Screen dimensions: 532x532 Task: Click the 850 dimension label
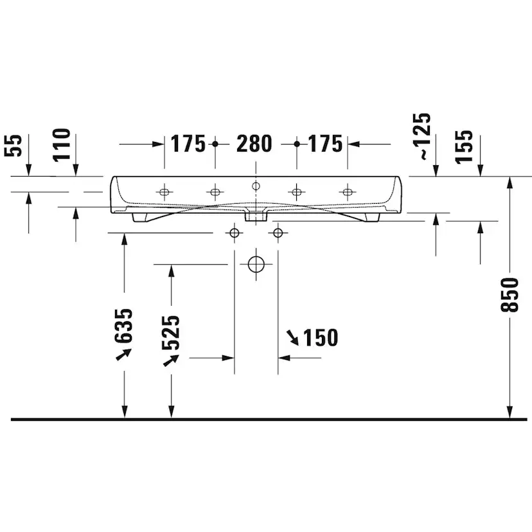510,294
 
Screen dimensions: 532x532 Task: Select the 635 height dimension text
123,326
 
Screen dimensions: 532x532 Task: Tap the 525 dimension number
171,333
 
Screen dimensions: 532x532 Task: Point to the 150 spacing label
320,337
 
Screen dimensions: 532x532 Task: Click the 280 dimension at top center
254,144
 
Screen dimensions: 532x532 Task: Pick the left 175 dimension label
188,144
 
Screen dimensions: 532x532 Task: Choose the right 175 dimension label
325,144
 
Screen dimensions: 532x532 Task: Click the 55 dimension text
13,146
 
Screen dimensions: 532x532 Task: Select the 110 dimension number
62,145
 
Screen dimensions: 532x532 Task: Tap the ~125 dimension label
425,136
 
